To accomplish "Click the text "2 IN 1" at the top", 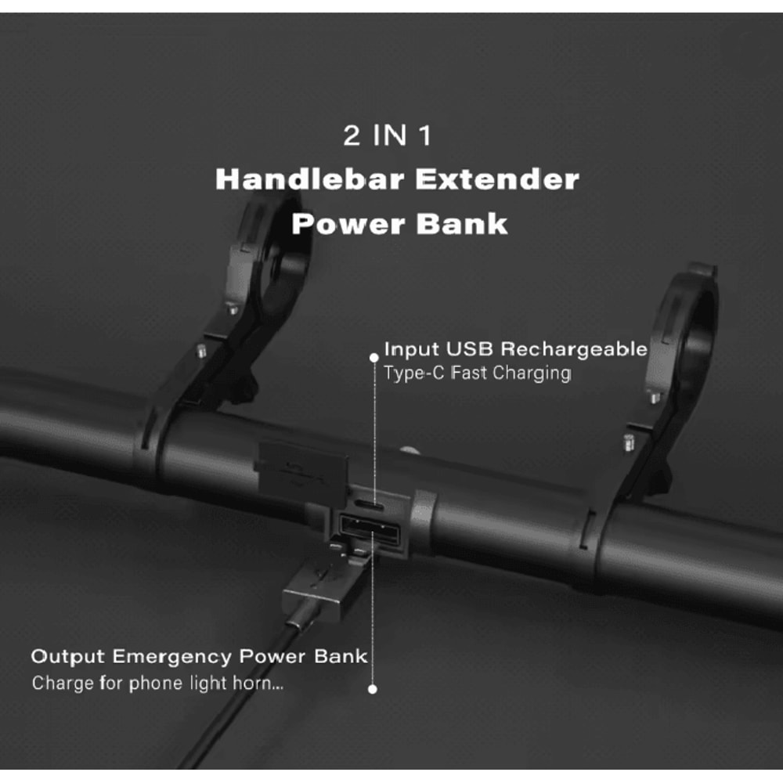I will tap(388, 136).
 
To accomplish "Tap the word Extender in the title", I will tap(497, 179).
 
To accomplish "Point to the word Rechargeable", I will tap(574, 348).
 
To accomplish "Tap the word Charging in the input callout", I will tap(531, 373).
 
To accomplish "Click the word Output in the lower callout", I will tap(68, 655).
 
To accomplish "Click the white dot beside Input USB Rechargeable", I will tap(373, 357).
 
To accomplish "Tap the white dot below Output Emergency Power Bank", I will tap(373, 689).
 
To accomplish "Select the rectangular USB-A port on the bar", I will tap(370, 534).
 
